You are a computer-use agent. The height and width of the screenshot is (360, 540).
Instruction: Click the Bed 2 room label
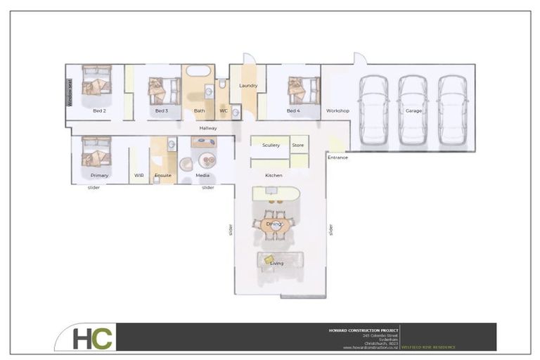tap(99, 111)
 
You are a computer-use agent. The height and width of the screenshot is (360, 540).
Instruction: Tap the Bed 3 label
tap(162, 111)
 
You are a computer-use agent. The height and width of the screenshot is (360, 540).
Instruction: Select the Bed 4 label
tap(293, 111)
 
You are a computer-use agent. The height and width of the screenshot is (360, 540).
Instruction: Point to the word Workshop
tap(337, 111)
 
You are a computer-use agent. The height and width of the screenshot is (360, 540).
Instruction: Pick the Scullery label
tap(271, 146)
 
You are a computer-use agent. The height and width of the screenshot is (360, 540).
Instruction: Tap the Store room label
tap(298, 146)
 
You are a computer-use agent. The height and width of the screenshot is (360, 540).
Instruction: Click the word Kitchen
tap(274, 175)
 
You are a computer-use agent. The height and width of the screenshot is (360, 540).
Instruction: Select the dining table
tap(273, 225)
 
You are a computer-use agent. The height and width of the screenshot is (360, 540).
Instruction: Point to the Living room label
tap(277, 264)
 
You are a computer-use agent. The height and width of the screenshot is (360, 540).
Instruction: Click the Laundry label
tap(248, 86)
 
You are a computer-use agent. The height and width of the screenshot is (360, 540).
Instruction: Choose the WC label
tap(224, 111)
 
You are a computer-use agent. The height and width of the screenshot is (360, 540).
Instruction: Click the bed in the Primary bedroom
tap(96, 150)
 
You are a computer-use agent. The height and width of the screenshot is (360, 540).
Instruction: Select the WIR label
tap(139, 175)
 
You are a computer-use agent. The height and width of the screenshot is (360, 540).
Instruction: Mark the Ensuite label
tap(163, 175)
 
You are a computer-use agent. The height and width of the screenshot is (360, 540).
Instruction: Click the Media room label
tap(202, 175)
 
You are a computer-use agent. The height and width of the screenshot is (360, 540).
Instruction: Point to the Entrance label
tap(337, 157)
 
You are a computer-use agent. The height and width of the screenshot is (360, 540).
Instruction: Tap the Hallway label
tap(208, 129)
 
